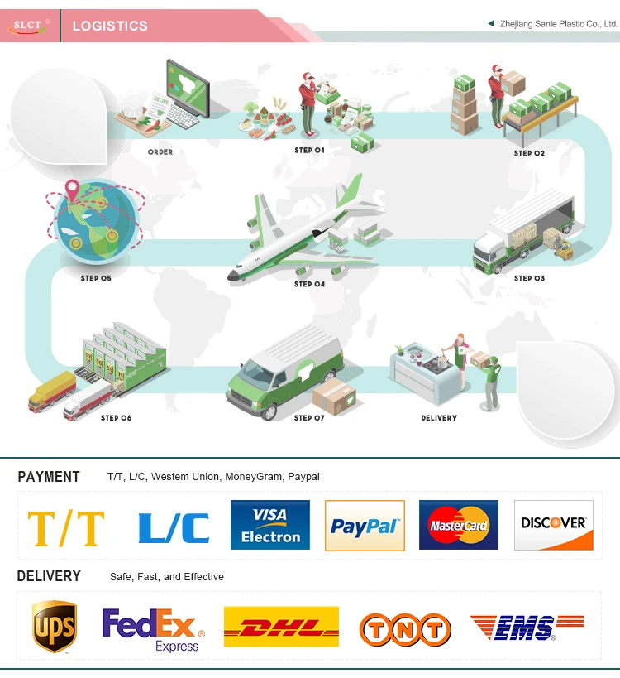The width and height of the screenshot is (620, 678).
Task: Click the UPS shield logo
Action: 54,627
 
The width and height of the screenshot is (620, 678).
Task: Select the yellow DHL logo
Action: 281,627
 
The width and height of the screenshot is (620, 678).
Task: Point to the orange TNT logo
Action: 405,629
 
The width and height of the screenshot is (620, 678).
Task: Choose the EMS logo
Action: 527,628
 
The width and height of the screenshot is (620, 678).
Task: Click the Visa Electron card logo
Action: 270,525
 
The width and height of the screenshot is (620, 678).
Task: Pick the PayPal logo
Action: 365,525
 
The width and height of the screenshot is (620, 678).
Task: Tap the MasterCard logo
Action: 459,525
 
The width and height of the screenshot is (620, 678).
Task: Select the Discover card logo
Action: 554,525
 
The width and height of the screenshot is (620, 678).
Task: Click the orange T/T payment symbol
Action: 66,527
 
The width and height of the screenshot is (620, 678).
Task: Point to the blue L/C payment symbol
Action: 174,527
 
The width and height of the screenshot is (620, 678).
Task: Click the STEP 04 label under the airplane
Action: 310,284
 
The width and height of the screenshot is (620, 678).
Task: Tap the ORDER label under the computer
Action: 160,152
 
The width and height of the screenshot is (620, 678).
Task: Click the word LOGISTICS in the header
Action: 110,26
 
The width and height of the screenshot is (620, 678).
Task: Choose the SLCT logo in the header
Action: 30,26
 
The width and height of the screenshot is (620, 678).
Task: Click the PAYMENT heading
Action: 49,476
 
